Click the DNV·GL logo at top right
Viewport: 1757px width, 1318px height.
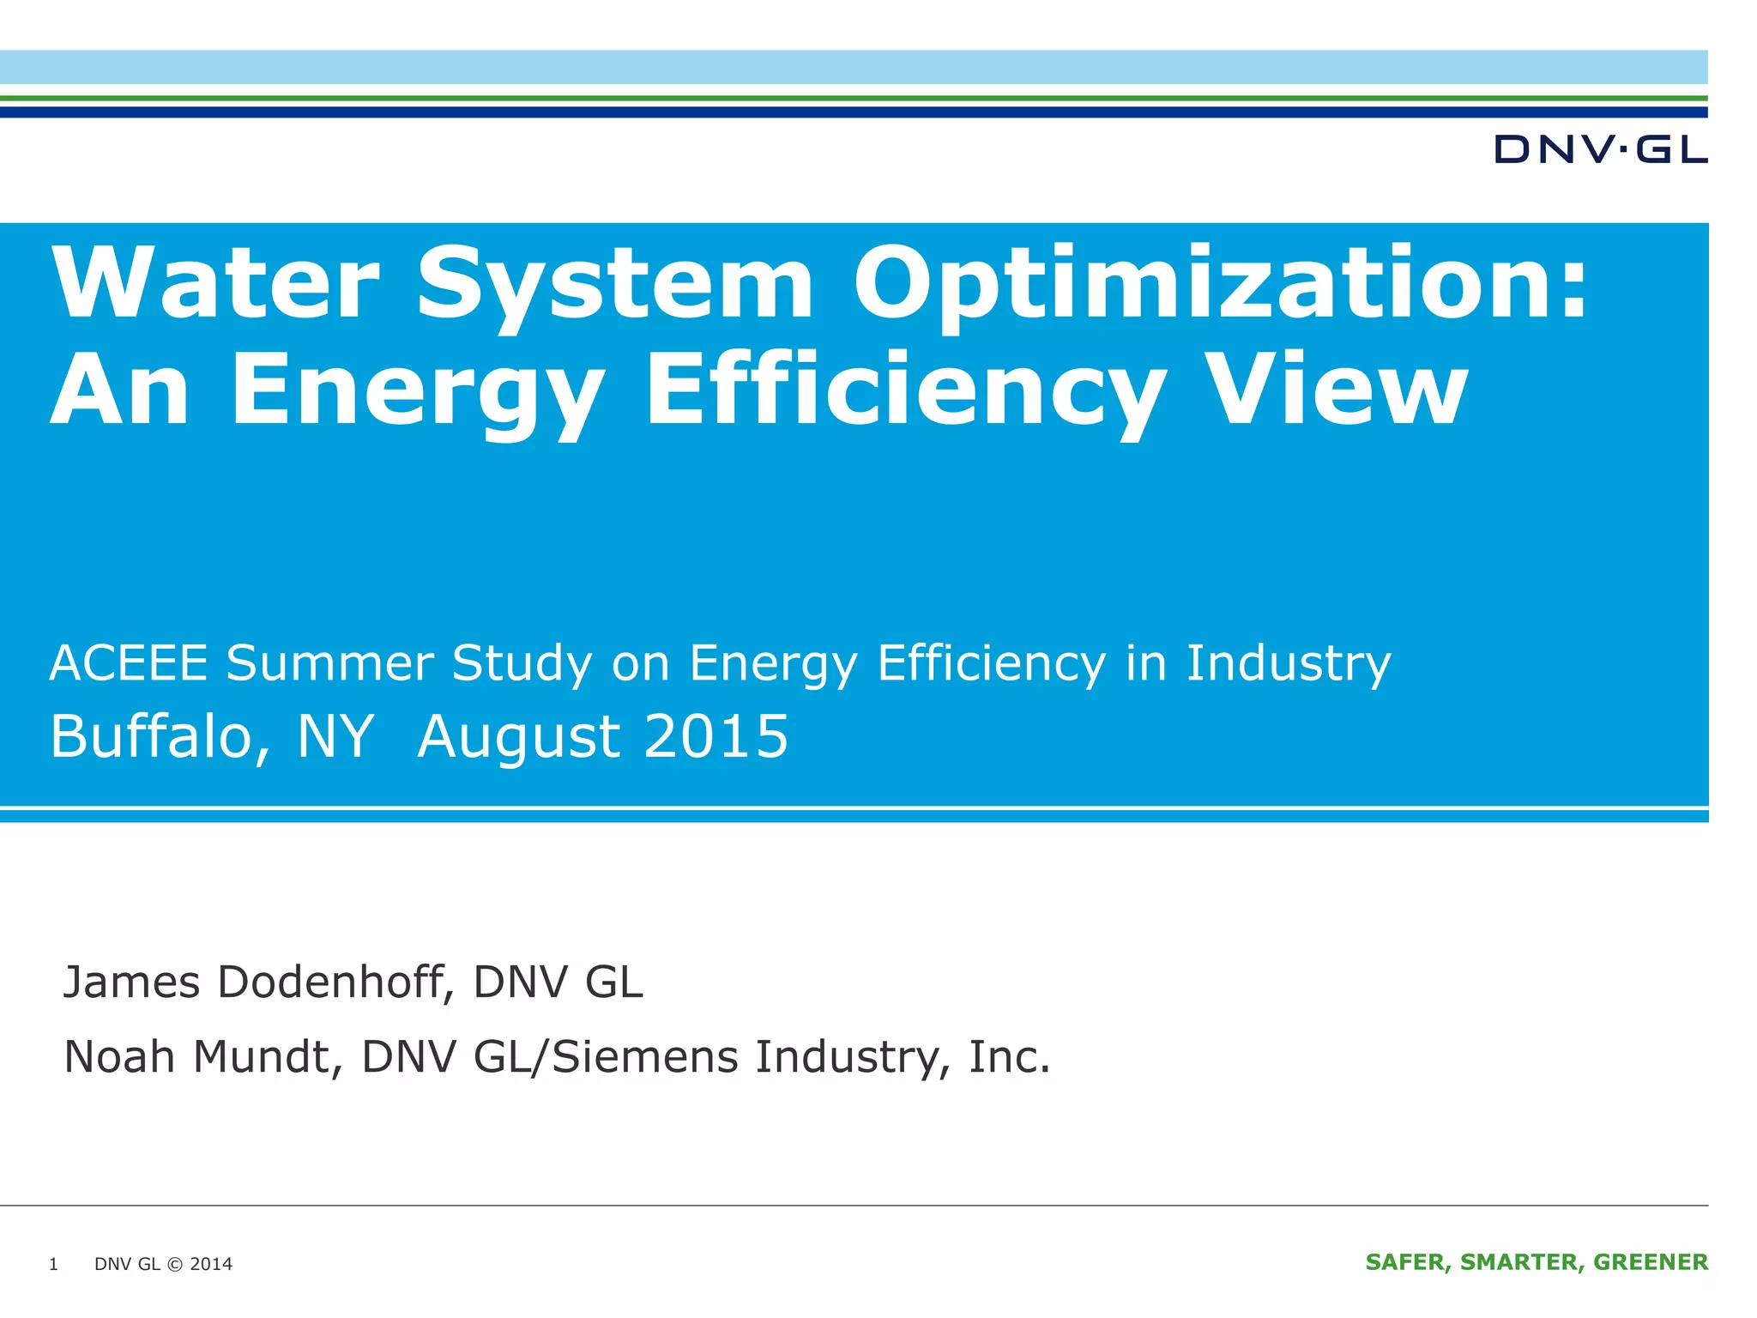pos(1600,149)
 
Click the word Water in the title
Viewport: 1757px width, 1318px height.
pos(215,282)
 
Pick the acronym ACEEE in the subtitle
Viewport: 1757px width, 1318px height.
pos(129,663)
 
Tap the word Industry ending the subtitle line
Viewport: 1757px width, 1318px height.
pos(1288,663)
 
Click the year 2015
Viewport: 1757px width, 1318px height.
pos(715,737)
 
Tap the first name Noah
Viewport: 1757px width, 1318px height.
pos(119,1056)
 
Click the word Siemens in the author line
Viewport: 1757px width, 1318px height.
pos(644,1056)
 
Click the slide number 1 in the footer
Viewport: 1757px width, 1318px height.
pos(53,1264)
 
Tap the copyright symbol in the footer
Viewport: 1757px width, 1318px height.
pos(175,1264)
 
